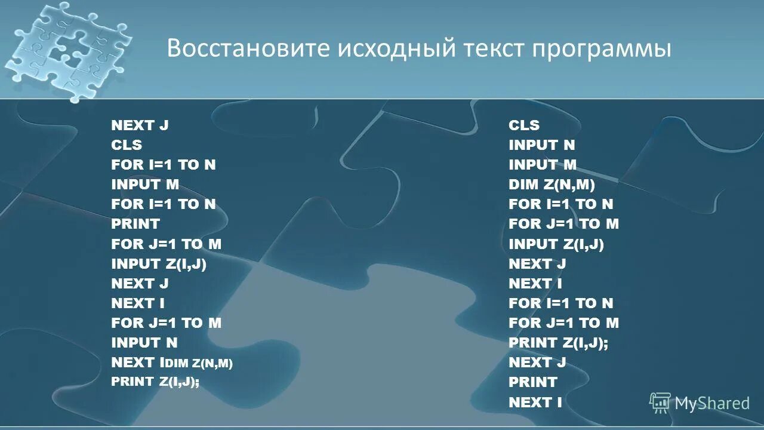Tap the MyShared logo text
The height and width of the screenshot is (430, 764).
tap(711, 403)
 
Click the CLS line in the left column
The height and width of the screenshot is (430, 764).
tap(127, 145)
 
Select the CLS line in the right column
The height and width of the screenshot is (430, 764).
tap(524, 125)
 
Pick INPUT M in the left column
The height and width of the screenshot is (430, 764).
tap(145, 185)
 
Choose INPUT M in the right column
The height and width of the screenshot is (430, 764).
tap(543, 165)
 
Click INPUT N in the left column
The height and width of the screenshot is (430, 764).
tap(144, 342)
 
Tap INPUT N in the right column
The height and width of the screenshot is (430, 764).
tap(542, 145)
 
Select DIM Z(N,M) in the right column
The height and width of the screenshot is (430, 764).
tap(552, 185)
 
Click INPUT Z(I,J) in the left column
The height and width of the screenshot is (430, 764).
tap(159, 263)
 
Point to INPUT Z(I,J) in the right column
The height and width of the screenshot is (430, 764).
tap(556, 244)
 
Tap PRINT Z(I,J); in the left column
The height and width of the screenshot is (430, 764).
tap(155, 382)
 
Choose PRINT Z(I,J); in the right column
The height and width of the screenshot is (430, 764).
tap(558, 342)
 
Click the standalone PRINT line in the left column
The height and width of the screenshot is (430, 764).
tap(135, 224)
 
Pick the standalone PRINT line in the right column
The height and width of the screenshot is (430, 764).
tap(533, 382)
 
